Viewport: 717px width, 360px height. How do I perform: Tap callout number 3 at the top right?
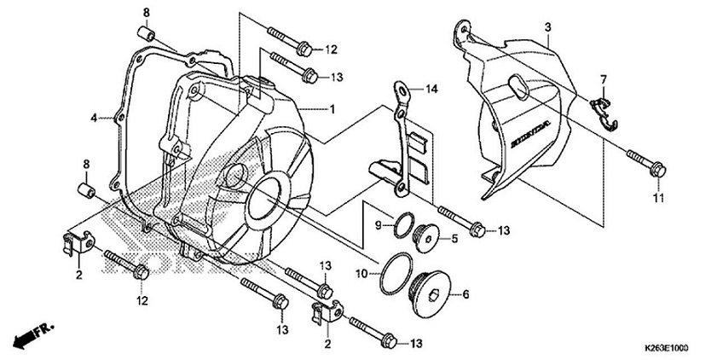tap(547, 28)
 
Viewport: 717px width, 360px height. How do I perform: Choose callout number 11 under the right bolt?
tap(657, 199)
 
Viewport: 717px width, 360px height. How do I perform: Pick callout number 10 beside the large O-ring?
tap(361, 273)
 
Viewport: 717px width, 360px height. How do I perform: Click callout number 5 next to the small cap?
tap(454, 240)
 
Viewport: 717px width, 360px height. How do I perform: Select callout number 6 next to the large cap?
tap(465, 294)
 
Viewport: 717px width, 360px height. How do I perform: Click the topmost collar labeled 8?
tap(146, 33)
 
